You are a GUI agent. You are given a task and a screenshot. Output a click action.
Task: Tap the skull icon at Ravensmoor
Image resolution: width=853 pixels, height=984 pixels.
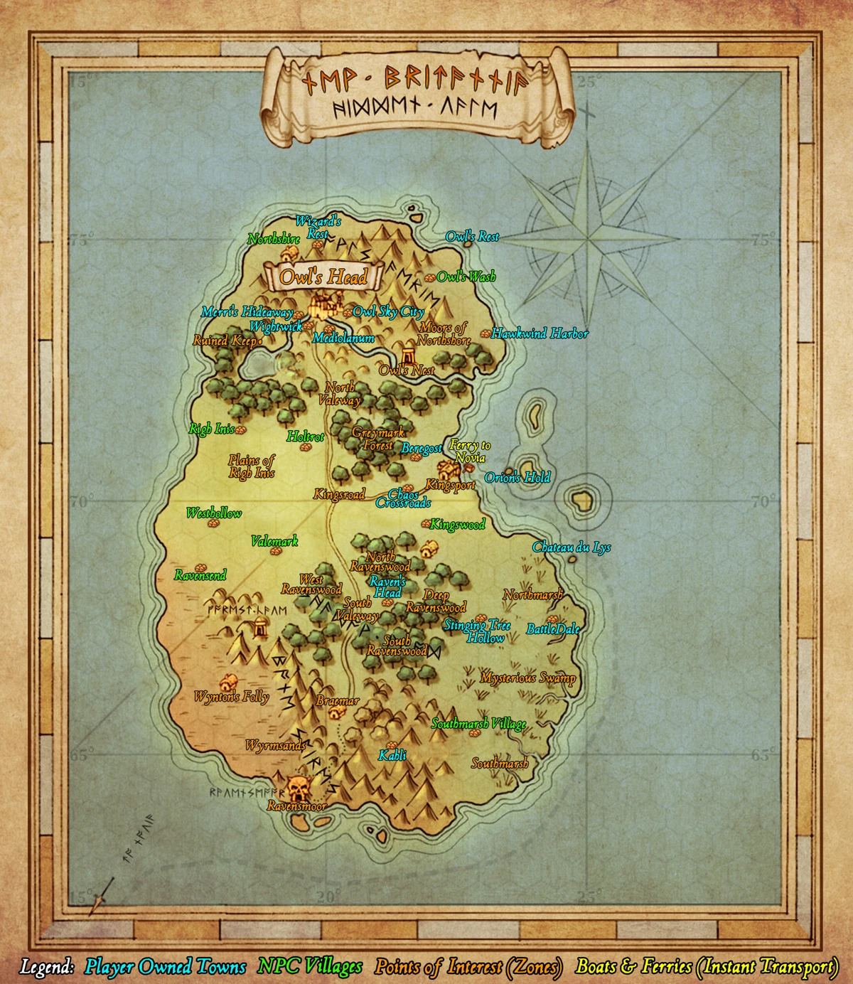pos(299,788)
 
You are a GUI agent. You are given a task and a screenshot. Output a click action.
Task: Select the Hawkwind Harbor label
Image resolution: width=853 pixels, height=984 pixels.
pos(540,333)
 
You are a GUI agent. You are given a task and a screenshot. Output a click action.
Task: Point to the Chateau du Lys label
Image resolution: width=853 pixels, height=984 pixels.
pos(572,547)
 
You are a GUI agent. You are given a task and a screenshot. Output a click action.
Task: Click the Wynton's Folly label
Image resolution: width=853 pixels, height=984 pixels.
pos(232,697)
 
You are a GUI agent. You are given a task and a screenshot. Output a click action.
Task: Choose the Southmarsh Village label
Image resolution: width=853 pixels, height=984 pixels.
pos(479,724)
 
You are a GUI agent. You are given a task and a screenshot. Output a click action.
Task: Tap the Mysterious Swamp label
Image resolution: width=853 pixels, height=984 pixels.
pos(527,678)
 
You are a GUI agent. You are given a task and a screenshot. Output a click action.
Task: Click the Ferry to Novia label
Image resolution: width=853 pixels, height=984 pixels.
pos(470,451)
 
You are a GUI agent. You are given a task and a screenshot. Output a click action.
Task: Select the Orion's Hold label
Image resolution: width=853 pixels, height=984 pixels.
pos(517,478)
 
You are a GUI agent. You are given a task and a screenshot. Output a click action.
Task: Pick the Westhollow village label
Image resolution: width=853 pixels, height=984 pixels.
pos(214,513)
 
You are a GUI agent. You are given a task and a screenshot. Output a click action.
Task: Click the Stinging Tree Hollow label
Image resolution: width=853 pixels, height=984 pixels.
pos(477,631)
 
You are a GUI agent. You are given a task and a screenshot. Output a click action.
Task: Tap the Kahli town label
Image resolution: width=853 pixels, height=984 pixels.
pos(392,755)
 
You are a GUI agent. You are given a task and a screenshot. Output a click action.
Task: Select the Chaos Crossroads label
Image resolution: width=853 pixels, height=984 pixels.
pos(403,498)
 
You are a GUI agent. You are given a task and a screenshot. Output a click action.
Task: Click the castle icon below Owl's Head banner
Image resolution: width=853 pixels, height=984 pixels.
pos(324,306)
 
